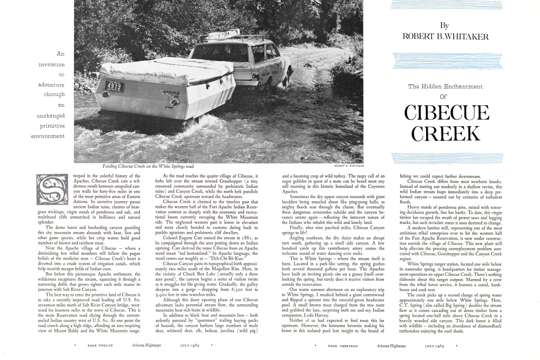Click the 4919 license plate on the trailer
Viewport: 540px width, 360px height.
pyautogui.click(x=113, y=86)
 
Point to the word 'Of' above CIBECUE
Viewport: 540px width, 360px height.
pyautogui.click(x=444, y=97)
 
